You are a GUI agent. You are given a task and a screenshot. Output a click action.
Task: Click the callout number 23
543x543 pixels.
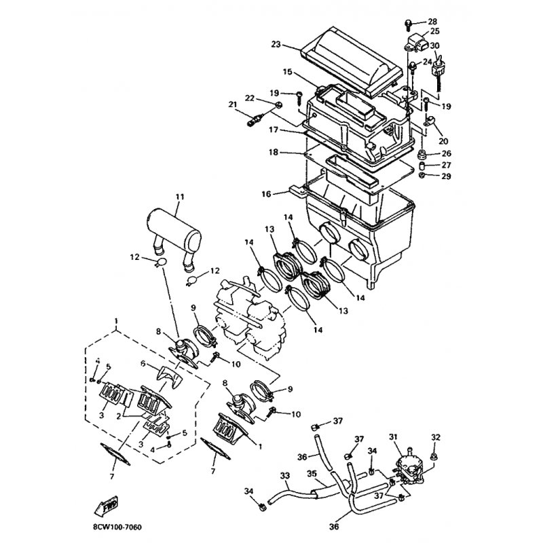click(275, 45)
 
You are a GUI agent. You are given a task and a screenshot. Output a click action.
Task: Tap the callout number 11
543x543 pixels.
click(179, 198)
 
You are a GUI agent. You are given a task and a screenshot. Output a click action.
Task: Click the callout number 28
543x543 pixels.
click(432, 22)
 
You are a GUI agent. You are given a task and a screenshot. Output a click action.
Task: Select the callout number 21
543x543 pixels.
click(233, 105)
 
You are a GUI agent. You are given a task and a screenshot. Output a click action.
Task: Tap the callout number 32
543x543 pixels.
click(436, 436)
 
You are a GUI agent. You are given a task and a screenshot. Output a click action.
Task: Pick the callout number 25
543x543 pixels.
click(434, 32)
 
